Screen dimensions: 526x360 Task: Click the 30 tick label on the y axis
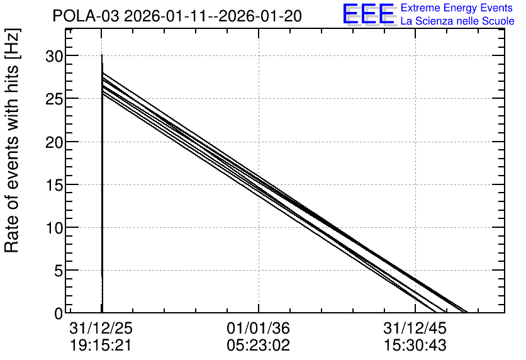coord(54,56)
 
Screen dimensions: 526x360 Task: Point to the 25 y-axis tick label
coord(54,99)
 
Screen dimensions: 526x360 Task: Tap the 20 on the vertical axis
coord(54,142)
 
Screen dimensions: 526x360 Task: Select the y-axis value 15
coord(54,185)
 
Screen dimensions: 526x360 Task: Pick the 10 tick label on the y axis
coord(54,228)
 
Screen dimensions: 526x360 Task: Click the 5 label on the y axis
coord(59,271)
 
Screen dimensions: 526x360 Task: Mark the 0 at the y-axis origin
coord(59,313)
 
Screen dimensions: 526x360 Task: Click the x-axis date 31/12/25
coord(101,328)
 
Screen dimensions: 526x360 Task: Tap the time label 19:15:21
coord(100,346)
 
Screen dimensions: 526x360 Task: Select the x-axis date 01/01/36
coord(259,328)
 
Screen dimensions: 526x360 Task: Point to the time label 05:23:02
coord(259,346)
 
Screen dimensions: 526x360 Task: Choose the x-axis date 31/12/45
coord(415,328)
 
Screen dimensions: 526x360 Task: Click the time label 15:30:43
coord(415,346)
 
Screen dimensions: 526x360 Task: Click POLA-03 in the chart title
coord(86,16)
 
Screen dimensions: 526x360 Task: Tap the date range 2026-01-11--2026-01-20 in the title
coord(213,16)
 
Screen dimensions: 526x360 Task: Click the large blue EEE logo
coord(369,14)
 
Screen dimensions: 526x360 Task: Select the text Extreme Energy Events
coord(457,8)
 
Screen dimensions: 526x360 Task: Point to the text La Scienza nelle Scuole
coord(457,21)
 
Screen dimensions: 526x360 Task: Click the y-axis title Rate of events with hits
coord(12,141)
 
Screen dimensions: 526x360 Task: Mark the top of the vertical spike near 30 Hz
coord(102,54)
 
